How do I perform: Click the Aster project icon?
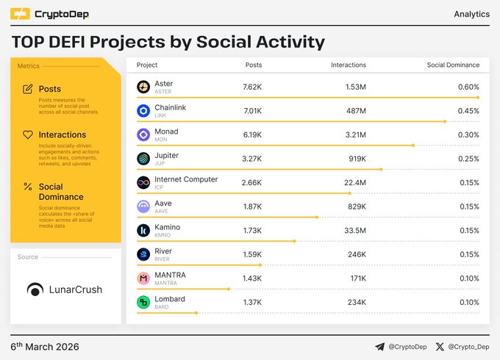pos(143,87)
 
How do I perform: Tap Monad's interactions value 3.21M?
pos(354,135)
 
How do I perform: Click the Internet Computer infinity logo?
pos(143,183)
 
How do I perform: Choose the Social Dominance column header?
pos(453,65)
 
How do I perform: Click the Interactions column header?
pos(349,65)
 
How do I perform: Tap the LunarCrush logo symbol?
pos(35,289)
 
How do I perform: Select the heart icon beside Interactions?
pos(28,135)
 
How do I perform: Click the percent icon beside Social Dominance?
pos(28,187)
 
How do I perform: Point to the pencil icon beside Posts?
pos(28,89)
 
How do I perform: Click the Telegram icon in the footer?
pos(379,347)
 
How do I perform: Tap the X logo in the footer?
pos(440,347)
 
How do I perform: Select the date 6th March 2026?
pos(45,347)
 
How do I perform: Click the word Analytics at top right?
pos(471,14)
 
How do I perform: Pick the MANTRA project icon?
pos(143,278)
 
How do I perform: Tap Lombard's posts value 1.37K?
pos(251,302)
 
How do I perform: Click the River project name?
pos(163,251)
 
